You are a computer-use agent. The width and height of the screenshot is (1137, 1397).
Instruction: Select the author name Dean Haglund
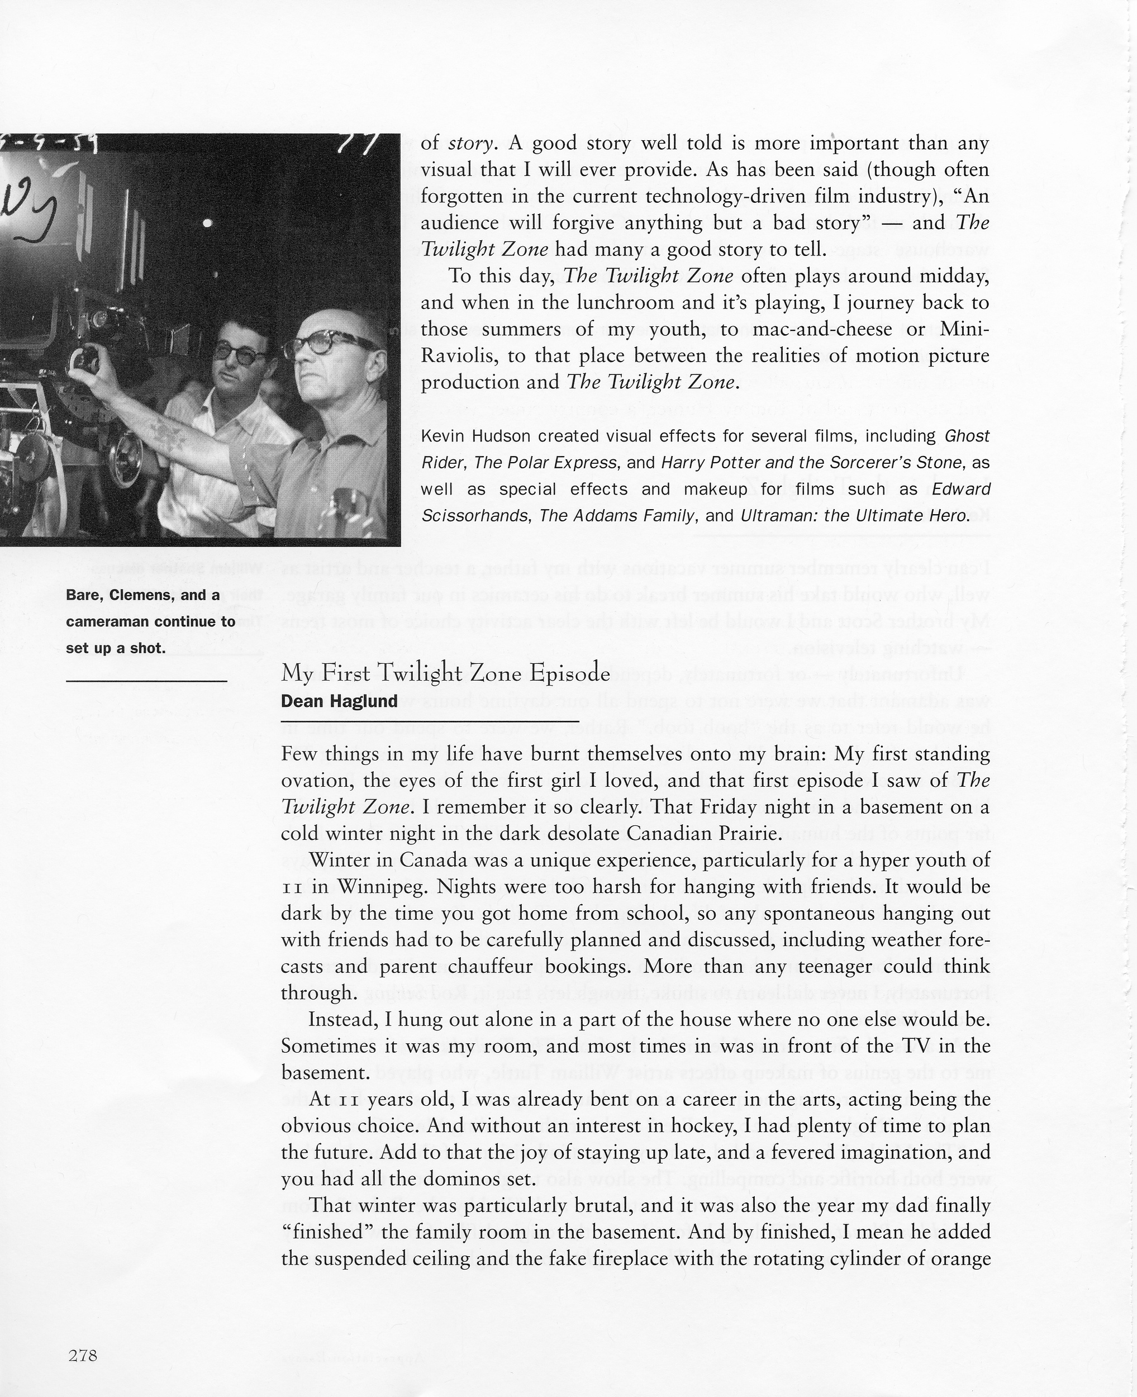coord(339,701)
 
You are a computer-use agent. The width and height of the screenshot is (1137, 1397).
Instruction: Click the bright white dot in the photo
coord(208,224)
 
